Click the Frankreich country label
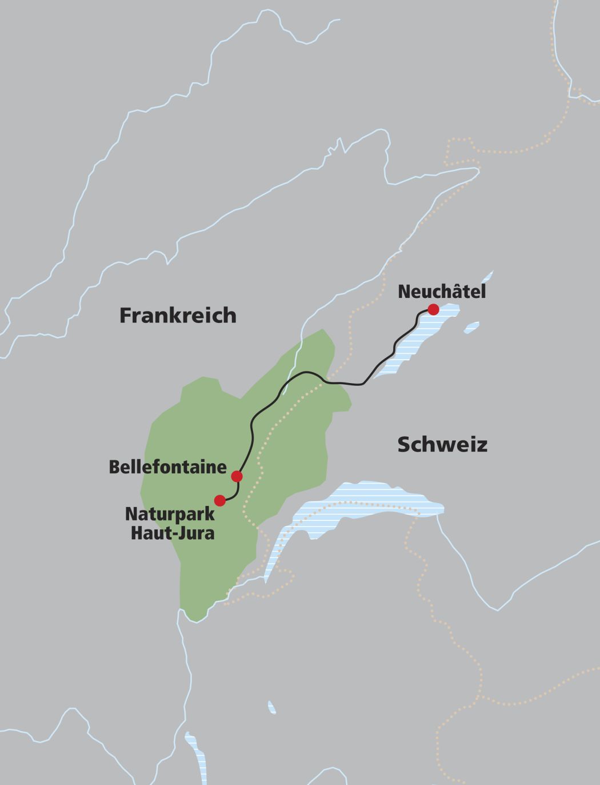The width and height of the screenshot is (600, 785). click(x=178, y=316)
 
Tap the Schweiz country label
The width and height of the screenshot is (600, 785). click(x=442, y=445)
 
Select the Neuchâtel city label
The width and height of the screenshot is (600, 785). click(x=442, y=292)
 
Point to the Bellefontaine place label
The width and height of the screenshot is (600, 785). click(x=167, y=467)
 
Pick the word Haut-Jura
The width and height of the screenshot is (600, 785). click(x=173, y=533)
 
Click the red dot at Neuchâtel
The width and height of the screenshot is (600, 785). click(x=433, y=309)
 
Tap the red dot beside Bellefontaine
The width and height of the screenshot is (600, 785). click(x=237, y=476)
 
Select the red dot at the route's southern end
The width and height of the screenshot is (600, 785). click(x=219, y=500)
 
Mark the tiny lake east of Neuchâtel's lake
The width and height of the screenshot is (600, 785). click(x=471, y=328)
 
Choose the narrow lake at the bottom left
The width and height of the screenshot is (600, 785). click(x=197, y=755)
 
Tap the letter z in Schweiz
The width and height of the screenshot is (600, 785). click(x=482, y=445)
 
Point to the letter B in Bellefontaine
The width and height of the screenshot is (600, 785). click(x=114, y=467)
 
